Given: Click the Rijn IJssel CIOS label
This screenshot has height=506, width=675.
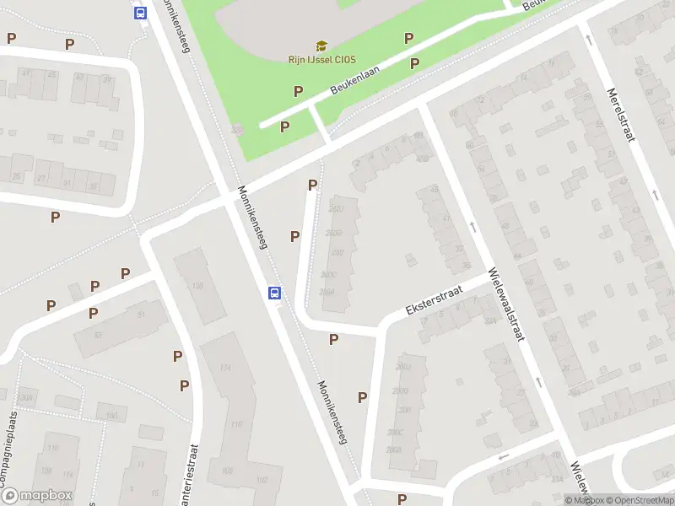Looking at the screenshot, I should [321, 58].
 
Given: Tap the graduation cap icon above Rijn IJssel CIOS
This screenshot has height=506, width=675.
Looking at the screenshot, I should [321, 45].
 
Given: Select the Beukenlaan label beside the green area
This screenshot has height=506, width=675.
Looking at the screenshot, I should [354, 84].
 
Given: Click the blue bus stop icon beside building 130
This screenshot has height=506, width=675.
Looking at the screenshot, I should [274, 293].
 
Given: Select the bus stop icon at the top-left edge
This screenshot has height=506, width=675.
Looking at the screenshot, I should [140, 13].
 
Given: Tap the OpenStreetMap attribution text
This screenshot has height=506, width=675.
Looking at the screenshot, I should [637, 500].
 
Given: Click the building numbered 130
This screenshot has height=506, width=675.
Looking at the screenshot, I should [197, 287].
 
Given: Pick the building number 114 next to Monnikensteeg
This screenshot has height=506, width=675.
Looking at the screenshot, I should [225, 369].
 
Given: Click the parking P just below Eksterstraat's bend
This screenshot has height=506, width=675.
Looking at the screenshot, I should [333, 339].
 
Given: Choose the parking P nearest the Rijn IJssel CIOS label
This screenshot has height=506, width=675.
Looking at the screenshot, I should [298, 91].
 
